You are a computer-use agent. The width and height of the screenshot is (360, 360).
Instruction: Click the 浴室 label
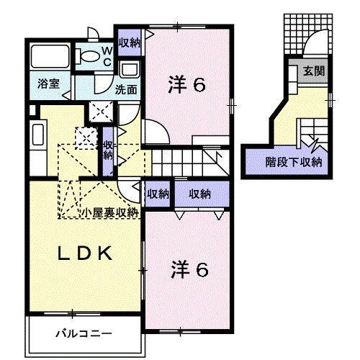coord(49,84)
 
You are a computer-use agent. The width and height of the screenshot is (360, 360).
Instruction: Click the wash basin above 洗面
coord(130,71)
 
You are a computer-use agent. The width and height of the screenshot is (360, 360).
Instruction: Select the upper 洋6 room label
coord(189,85)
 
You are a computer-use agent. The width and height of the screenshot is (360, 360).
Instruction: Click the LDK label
coord(84,253)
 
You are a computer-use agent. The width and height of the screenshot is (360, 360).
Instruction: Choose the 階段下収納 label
coord(293,161)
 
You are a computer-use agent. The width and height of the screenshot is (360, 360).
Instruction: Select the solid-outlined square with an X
coord(99,112)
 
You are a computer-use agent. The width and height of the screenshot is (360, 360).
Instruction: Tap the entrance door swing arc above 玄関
coord(315,45)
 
